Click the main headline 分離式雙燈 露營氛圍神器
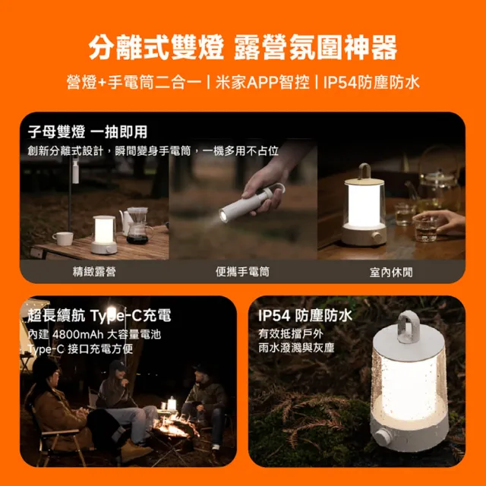(x=242, y=47)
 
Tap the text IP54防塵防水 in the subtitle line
(x=371, y=82)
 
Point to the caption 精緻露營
(x=94, y=271)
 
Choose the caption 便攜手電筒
(x=242, y=271)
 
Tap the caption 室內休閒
(x=390, y=271)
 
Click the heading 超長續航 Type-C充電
(x=99, y=315)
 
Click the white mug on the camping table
(x=63, y=238)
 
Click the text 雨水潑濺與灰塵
(x=296, y=349)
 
